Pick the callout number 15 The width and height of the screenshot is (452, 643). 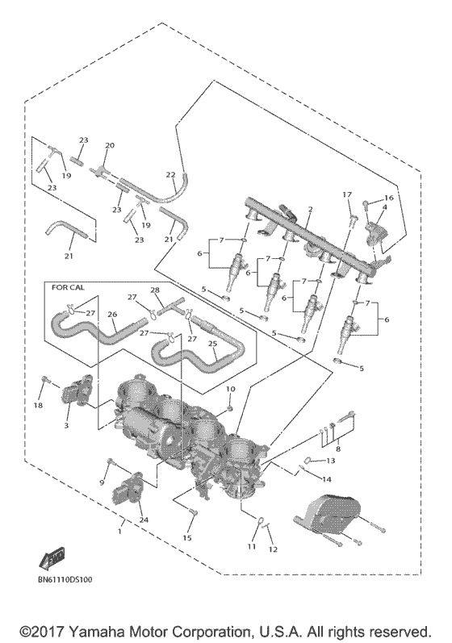(189, 537)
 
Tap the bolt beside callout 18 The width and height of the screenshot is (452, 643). (47, 379)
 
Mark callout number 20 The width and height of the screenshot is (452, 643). (110, 145)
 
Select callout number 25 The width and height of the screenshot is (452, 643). (214, 344)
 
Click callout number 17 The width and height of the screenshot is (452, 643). (348, 194)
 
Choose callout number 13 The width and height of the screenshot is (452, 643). (329, 460)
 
